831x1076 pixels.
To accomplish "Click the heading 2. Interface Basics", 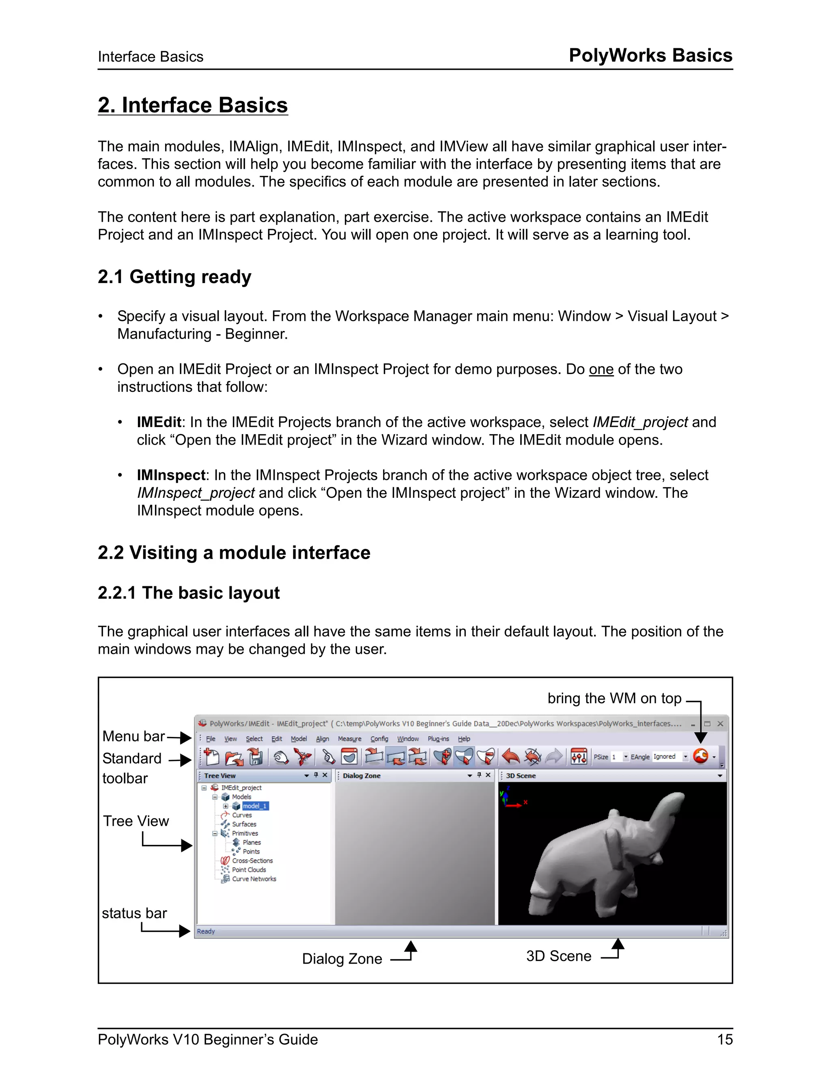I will point(192,106).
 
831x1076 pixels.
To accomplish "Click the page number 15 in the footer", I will point(725,1039).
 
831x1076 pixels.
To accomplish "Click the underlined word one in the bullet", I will point(601,369).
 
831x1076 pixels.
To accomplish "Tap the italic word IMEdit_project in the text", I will point(640,422).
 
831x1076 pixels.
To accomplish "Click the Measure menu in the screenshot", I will point(349,739).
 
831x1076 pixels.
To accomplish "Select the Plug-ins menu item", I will point(438,739).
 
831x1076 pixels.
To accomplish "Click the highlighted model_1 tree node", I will point(255,806).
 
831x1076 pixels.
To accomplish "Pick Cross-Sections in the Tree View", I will point(252,861).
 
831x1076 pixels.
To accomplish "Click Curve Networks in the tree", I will point(254,879).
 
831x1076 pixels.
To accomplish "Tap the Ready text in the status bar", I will point(206,931).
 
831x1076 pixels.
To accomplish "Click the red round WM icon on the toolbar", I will point(700,756).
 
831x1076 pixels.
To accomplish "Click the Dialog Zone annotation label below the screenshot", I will point(342,959).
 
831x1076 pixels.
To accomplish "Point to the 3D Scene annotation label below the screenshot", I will point(558,956).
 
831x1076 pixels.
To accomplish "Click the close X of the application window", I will point(720,724).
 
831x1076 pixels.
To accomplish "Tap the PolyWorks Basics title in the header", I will point(650,55).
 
